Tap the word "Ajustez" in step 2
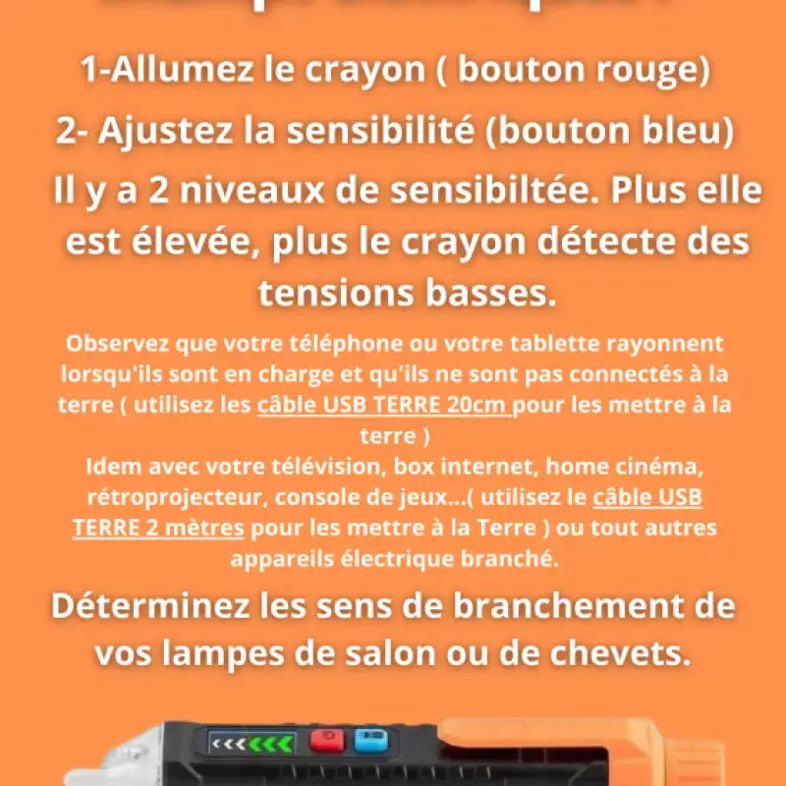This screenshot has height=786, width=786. [x=157, y=132]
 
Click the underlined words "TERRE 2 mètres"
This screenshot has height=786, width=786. [x=158, y=528]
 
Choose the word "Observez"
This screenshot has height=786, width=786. [x=116, y=344]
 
